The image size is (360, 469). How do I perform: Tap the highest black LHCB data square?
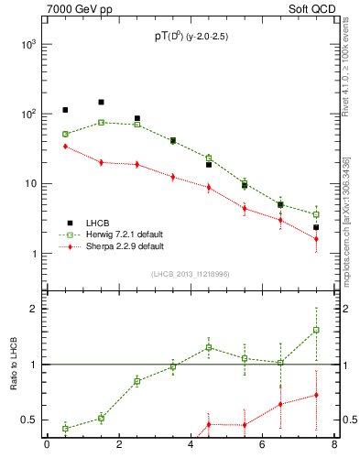pyautogui.click(x=101, y=103)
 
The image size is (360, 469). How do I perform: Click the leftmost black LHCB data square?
pyautogui.click(x=65, y=110)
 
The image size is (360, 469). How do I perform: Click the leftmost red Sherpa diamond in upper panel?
pyautogui.click(x=65, y=146)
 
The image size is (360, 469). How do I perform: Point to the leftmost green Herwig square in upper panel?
pyautogui.click(x=65, y=134)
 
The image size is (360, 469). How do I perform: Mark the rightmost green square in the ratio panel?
pyautogui.click(x=316, y=330)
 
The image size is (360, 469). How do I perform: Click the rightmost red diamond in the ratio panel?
pyautogui.click(x=316, y=395)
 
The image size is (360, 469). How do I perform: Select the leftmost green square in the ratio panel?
pyautogui.click(x=65, y=428)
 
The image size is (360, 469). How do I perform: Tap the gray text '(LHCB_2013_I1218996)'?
pyautogui.click(x=191, y=273)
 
